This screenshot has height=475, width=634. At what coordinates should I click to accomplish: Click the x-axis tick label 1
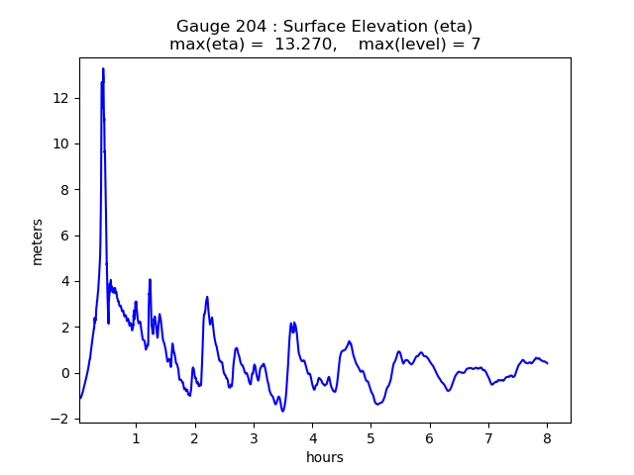pyautogui.click(x=136, y=437)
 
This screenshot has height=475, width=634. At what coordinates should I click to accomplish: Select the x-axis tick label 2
pyautogui.click(x=194, y=437)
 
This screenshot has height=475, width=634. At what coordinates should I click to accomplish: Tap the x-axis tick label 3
pyautogui.click(x=254, y=437)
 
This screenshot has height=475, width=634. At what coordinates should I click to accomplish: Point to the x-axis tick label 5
pyautogui.click(x=371, y=437)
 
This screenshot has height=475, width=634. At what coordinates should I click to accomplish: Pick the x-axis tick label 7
pyautogui.click(x=488, y=437)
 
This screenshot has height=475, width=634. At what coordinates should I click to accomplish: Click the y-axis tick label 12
pyautogui.click(x=61, y=98)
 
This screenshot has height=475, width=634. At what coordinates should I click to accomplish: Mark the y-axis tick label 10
pyautogui.click(x=61, y=143)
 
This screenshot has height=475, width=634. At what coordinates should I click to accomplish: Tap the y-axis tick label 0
pyautogui.click(x=65, y=373)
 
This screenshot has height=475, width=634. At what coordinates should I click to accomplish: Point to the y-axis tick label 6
pyautogui.click(x=65, y=236)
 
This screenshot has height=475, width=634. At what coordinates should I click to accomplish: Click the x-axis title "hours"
pyautogui.click(x=325, y=457)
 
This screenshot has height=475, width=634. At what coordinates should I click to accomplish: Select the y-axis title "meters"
pyautogui.click(x=38, y=241)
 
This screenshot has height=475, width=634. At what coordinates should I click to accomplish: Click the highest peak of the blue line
pyautogui.click(x=103, y=68)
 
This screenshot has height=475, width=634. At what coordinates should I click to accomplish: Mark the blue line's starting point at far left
pyautogui.click(x=80, y=399)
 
